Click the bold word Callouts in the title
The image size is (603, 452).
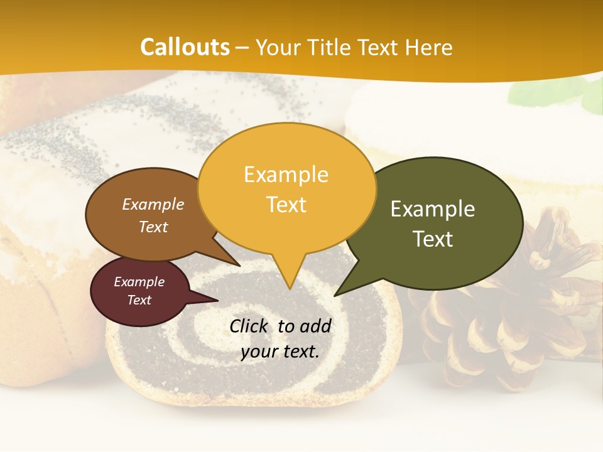[185, 47]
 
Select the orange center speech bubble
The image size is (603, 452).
[286, 188]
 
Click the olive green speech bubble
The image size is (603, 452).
[440, 223]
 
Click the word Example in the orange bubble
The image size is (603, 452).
[286, 175]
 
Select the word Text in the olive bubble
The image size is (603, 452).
[433, 239]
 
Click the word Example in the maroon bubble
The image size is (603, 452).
[139, 282]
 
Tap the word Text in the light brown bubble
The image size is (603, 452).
[153, 227]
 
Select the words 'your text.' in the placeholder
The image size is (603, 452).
[280, 352]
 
